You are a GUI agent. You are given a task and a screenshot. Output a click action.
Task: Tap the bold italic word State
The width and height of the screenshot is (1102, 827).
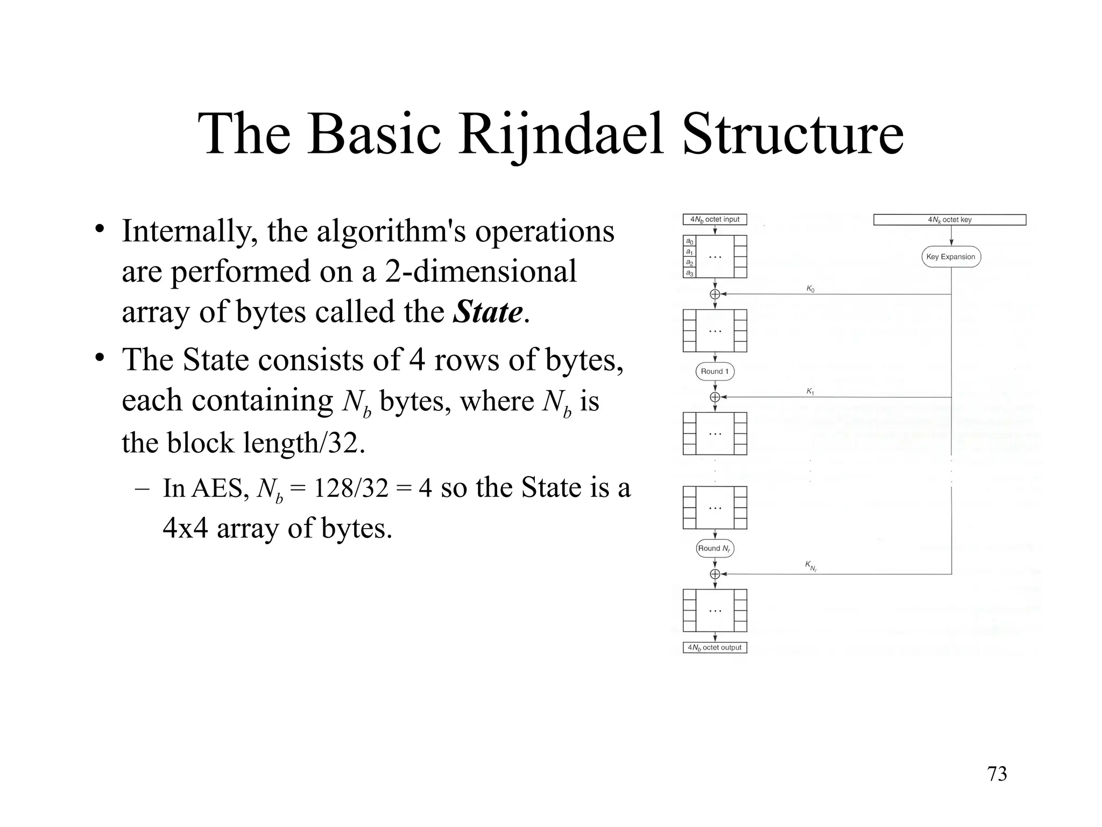(x=488, y=312)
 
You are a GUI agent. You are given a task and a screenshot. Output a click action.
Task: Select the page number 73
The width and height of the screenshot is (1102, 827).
(x=997, y=774)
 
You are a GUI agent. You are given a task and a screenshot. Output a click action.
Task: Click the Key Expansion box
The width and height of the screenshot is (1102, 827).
(x=951, y=257)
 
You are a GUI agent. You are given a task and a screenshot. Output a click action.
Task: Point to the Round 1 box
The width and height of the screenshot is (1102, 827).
(x=715, y=372)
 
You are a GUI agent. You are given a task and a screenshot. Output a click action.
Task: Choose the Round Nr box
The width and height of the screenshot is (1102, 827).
(x=715, y=548)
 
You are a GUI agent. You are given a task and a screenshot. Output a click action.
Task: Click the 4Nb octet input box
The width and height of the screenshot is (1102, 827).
(x=715, y=220)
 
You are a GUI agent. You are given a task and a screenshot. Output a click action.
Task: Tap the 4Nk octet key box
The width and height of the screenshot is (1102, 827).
(x=949, y=220)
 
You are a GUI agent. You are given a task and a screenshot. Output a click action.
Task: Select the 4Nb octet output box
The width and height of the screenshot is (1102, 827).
(x=715, y=648)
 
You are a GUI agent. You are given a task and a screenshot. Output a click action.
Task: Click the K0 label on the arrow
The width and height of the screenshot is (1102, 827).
(x=810, y=289)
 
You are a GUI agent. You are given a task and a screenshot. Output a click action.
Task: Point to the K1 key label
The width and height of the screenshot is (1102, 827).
(x=810, y=391)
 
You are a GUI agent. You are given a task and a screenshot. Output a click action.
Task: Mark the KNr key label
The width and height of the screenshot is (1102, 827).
(x=811, y=566)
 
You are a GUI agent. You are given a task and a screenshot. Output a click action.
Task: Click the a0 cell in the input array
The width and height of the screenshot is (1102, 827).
(x=689, y=241)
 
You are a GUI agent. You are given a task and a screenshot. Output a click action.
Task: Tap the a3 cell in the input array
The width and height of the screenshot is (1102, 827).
(x=689, y=273)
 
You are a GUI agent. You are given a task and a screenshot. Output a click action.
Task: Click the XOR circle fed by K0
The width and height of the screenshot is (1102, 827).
(x=715, y=294)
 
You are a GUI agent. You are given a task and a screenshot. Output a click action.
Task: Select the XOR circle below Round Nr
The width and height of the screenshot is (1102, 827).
(x=715, y=574)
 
